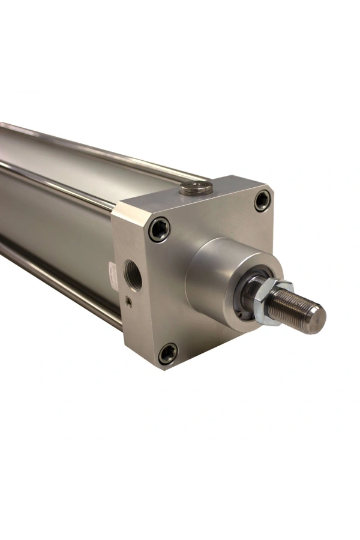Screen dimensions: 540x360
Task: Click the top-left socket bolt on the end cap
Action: [x=159, y=229]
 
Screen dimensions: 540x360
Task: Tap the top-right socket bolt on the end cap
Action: [x=262, y=200]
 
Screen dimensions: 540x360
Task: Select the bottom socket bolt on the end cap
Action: [x=167, y=353]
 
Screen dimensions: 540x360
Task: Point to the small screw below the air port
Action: [x=129, y=302]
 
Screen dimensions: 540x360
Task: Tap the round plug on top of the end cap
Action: [x=196, y=188]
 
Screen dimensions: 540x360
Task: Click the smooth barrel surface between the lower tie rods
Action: [x=54, y=234]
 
